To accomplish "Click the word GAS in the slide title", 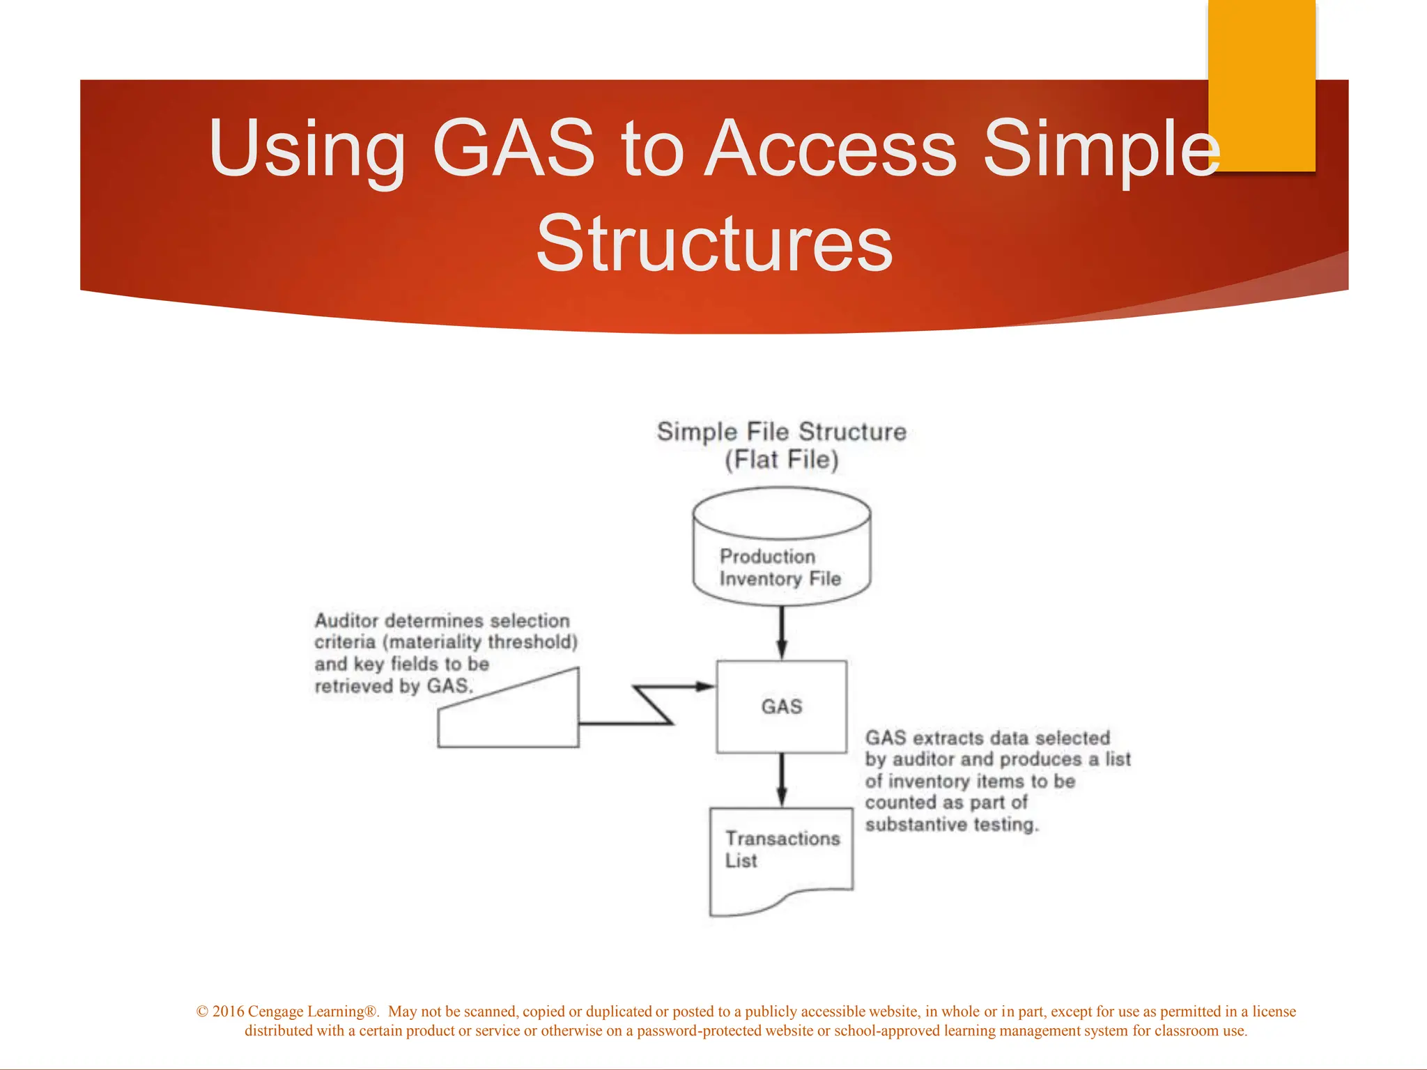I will point(514,148).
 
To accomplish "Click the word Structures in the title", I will point(713,244).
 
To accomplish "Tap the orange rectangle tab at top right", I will point(1261,84).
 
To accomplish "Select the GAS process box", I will point(781,706).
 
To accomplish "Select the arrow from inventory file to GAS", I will point(781,633).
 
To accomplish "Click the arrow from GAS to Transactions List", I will point(781,780).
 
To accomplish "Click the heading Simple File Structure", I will point(781,432).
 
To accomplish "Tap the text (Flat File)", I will point(781,460).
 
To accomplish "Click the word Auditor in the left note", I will point(346,621).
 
